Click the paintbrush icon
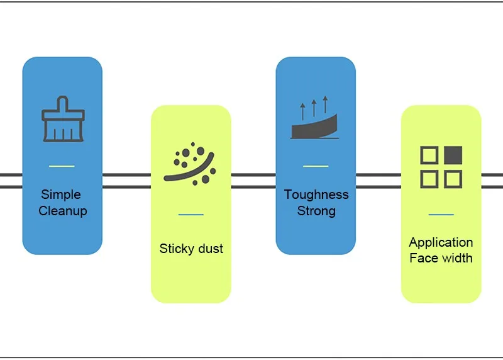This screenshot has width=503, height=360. click(x=64, y=119)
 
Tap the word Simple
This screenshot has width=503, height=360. click(x=61, y=194)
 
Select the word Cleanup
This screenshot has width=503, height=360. click(x=63, y=211)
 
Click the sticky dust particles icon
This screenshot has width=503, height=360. click(x=190, y=164)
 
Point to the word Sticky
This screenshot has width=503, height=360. click(x=176, y=249)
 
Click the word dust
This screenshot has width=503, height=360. click(x=211, y=249)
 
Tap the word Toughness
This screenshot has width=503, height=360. click(x=316, y=194)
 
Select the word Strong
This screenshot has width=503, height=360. click(x=316, y=211)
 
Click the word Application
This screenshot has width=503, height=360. click(x=441, y=242)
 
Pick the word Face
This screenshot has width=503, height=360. click(x=423, y=258)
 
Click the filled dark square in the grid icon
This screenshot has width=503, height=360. click(x=453, y=155)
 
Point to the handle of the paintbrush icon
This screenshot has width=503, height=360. click(x=62, y=104)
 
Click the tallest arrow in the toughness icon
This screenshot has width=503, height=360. click(x=325, y=104)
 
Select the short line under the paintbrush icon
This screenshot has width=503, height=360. click(x=62, y=166)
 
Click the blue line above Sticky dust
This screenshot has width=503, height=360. click(x=191, y=214)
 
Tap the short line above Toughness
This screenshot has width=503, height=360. click(x=316, y=166)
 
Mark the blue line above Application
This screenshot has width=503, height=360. click(x=441, y=214)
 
